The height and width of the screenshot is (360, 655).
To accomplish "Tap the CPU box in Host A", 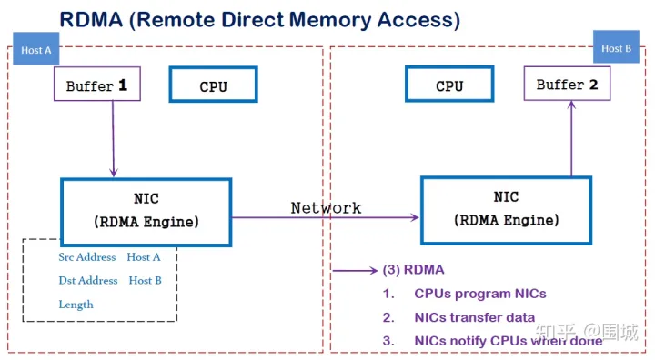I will pos(213,85).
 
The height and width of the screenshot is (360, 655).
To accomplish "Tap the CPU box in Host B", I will pos(449,85).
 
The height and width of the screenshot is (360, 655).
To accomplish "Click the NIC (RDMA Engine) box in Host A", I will pos(146,210).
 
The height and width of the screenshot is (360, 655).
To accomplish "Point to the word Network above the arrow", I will pos(326,207).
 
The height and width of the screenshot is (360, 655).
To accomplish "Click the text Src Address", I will pos(87,257).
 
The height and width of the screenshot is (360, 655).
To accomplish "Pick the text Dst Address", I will pos(88,281).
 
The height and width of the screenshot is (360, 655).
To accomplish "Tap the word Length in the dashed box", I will pos(76,305).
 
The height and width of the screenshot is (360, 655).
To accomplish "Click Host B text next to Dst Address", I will pos(146,281).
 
